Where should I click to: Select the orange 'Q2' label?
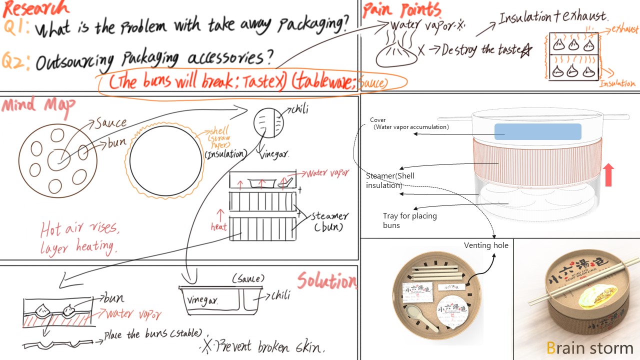tap(16, 62)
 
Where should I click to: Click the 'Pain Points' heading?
tap(401, 10)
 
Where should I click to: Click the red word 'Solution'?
tap(327, 281)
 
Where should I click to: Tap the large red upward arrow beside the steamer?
tap(608, 174)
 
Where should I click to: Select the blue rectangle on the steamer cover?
tap(537, 131)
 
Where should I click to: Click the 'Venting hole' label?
tap(486, 245)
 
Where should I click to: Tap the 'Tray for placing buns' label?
tap(409, 220)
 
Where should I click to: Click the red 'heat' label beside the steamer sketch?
tap(218, 227)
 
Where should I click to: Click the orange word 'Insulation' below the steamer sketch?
tap(617, 83)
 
